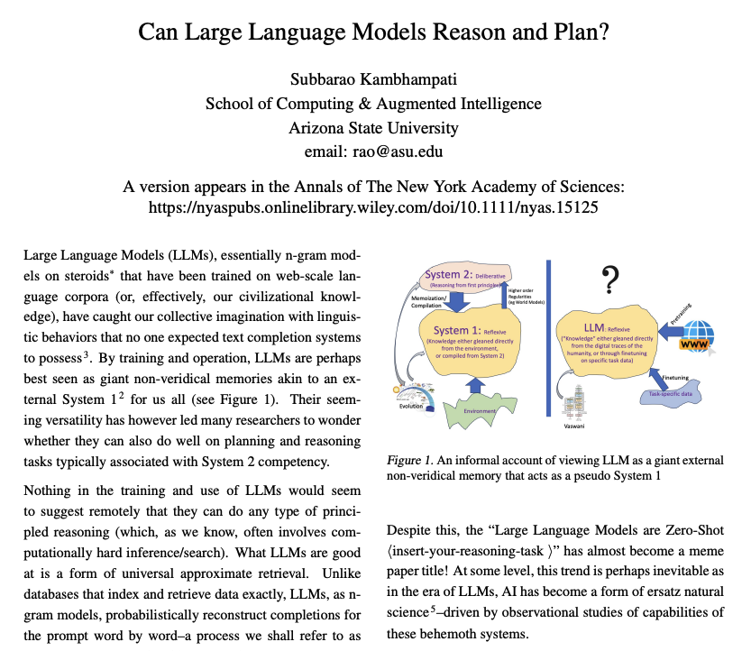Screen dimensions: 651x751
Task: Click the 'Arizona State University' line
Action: [374, 127]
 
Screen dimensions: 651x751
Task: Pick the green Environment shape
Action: [485, 410]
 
